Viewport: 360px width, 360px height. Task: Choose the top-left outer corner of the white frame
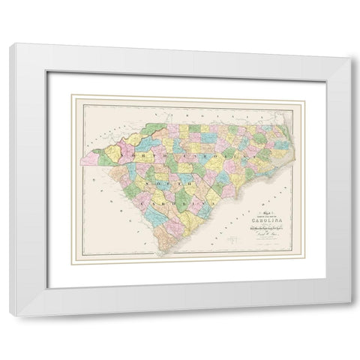(10, 43)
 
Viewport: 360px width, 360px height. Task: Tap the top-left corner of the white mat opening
(47, 73)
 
